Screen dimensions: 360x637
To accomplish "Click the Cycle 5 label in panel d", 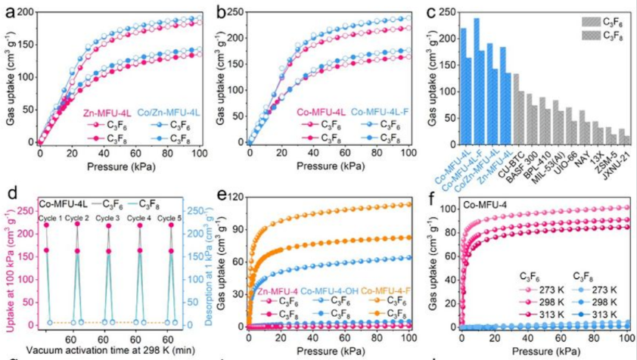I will [175, 219].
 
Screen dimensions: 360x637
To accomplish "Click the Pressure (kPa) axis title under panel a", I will [119, 164].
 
